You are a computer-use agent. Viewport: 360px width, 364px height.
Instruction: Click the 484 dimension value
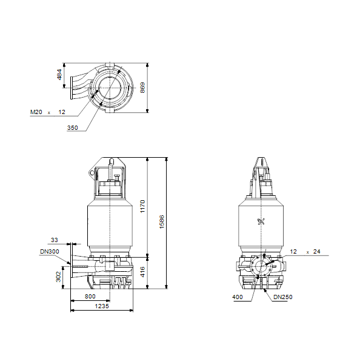(x=59, y=75)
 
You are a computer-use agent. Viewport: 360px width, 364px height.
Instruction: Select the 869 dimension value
(x=142, y=87)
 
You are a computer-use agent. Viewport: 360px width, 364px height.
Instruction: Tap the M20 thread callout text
(x=36, y=112)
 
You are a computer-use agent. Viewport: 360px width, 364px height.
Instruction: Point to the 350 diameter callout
(x=73, y=127)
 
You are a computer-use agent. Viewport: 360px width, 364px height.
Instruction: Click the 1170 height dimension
(x=142, y=206)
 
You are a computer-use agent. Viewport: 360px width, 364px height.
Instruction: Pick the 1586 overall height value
(x=162, y=222)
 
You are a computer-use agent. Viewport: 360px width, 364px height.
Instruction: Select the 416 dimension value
(x=142, y=272)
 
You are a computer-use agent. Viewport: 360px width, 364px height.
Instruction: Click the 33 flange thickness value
(x=55, y=240)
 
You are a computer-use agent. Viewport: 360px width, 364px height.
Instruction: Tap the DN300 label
(x=50, y=251)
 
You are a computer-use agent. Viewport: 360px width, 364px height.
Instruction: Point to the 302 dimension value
(x=58, y=277)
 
